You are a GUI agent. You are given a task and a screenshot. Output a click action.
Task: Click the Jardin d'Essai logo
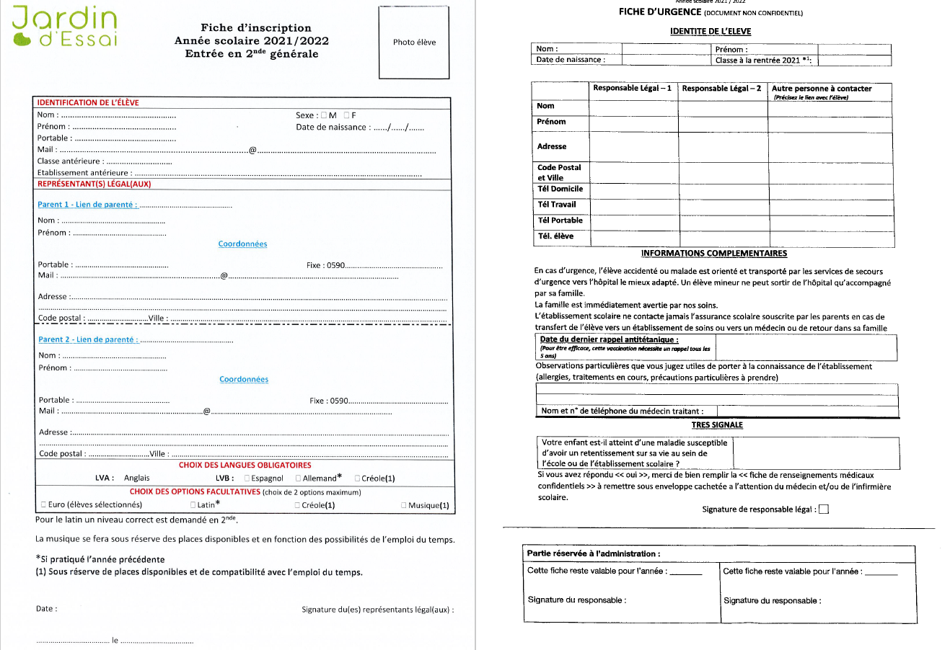pyautogui.click(x=64, y=27)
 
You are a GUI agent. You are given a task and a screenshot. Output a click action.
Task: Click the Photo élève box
pyautogui.click(x=414, y=42)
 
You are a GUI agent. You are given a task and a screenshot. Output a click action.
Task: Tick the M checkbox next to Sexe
pyautogui.click(x=324, y=115)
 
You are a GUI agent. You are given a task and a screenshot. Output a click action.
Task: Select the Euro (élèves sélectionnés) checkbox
pyautogui.click(x=43, y=504)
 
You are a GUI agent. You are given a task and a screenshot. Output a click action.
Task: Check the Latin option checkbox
pyautogui.click(x=193, y=505)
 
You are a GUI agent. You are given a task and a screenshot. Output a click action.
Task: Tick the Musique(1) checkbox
pyautogui.click(x=403, y=505)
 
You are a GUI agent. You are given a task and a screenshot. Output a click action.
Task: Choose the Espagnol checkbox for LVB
pyautogui.click(x=247, y=478)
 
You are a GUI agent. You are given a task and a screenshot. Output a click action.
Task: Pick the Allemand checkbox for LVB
pyautogui.click(x=298, y=478)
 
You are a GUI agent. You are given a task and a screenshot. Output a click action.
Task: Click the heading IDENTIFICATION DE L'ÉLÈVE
pyautogui.click(x=88, y=102)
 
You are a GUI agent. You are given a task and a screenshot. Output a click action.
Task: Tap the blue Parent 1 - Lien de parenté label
pyautogui.click(x=87, y=205)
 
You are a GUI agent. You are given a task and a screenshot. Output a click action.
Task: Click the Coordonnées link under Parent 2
pyautogui.click(x=243, y=379)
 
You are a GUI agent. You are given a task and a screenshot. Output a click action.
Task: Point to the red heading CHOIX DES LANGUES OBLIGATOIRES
pyautogui.click(x=245, y=466)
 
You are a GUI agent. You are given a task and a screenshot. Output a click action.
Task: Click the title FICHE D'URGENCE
pyautogui.click(x=660, y=12)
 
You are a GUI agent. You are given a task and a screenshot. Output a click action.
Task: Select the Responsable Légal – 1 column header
pyautogui.click(x=632, y=89)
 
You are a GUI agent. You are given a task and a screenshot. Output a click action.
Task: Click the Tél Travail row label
pyautogui.click(x=557, y=205)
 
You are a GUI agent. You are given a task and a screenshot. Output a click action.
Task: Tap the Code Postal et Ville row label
pyautogui.click(x=559, y=172)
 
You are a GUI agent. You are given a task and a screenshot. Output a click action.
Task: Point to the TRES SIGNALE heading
pyautogui.click(x=717, y=425)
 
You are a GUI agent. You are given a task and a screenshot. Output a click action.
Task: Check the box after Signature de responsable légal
pyautogui.click(x=824, y=509)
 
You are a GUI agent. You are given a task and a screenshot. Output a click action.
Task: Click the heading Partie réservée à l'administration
pyautogui.click(x=594, y=553)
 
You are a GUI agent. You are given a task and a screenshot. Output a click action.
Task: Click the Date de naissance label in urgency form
pyautogui.click(x=570, y=60)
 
